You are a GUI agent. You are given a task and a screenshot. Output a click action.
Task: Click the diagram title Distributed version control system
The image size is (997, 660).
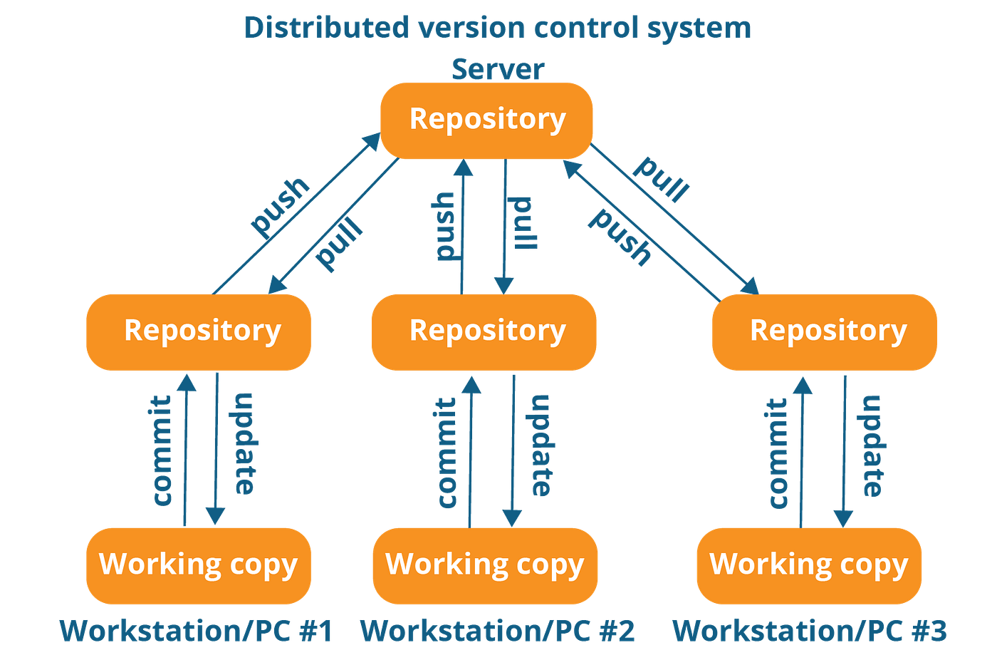click(x=497, y=28)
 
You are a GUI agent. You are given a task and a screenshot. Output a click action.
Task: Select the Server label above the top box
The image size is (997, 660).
click(x=497, y=69)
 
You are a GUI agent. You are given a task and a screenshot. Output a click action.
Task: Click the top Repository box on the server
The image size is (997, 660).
click(x=486, y=120)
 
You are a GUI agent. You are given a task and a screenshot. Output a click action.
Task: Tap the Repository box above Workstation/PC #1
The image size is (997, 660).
click(x=199, y=332)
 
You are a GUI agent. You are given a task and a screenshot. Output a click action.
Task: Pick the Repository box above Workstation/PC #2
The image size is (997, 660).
click(x=484, y=332)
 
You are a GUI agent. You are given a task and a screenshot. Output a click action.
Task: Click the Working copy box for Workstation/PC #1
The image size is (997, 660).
click(x=199, y=565)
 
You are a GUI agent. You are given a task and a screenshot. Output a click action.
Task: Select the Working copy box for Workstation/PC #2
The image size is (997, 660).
click(x=485, y=565)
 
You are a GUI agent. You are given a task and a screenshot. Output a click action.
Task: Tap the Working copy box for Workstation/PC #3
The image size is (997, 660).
click(x=809, y=565)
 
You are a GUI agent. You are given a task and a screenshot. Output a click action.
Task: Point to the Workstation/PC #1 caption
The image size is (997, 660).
click(x=196, y=631)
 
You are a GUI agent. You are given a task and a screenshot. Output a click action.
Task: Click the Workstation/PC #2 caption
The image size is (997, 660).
click(x=497, y=631)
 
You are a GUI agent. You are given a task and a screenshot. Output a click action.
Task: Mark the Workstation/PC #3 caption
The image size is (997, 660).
click(x=810, y=631)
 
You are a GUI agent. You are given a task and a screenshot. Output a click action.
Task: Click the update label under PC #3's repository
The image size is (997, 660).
click(x=872, y=445)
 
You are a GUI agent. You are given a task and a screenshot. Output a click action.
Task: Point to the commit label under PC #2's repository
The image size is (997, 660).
click(x=447, y=453)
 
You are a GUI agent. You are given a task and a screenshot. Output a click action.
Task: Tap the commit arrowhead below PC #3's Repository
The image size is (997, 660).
click(x=803, y=386)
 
